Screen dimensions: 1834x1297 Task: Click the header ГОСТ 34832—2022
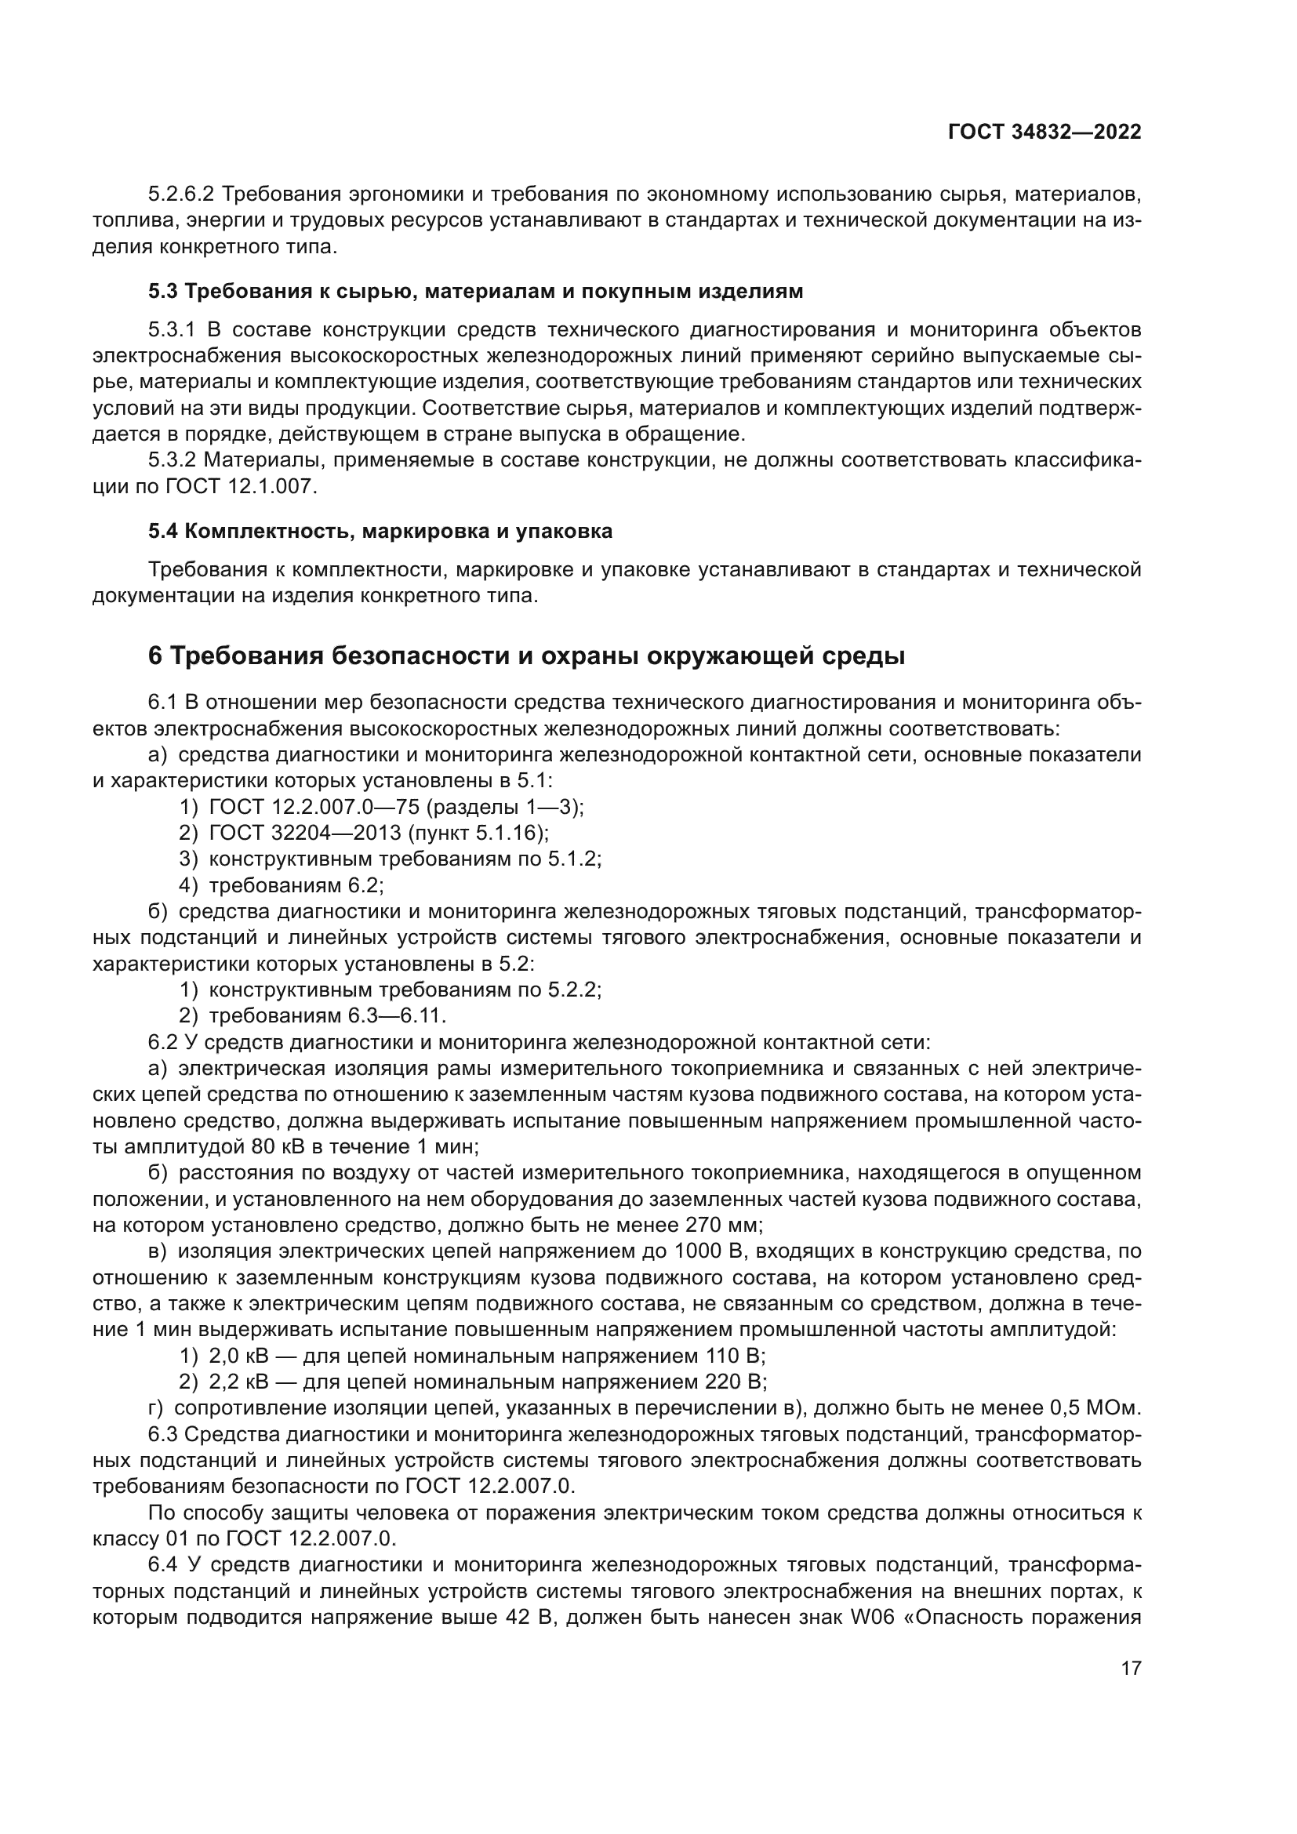[x=1045, y=133]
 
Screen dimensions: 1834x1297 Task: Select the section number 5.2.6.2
[x=180, y=194]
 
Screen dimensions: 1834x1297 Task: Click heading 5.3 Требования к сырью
[x=475, y=292]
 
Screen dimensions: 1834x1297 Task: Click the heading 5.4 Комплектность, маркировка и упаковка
[x=380, y=531]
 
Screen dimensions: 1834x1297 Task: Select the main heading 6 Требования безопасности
[x=526, y=656]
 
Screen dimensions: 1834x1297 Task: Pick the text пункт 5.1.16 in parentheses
[x=477, y=833]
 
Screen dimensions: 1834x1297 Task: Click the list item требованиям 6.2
[x=296, y=885]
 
